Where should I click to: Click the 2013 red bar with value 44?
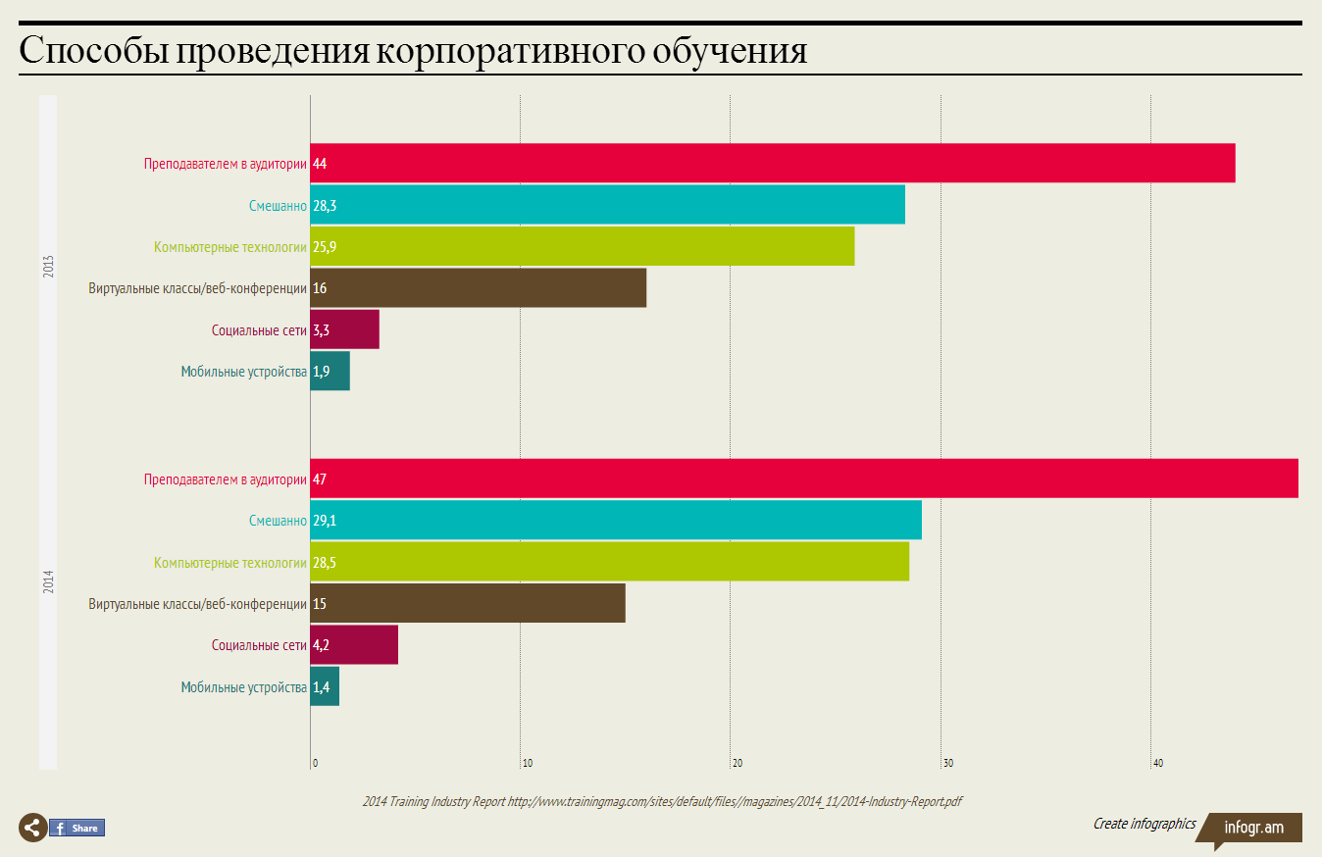(773, 163)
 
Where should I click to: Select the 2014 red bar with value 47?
(804, 479)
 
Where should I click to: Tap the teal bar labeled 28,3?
(608, 205)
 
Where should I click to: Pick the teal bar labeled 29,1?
(616, 520)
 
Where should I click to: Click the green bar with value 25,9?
(583, 246)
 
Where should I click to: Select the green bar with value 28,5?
(610, 562)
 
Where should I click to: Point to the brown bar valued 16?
(479, 288)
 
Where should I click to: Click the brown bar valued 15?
(468, 603)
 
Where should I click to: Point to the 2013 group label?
(48, 267)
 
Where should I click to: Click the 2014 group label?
(48, 581)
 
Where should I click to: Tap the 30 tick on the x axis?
(947, 763)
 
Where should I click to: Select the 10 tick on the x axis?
(527, 763)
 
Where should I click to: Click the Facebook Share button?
(76, 828)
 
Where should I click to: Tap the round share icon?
(32, 828)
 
